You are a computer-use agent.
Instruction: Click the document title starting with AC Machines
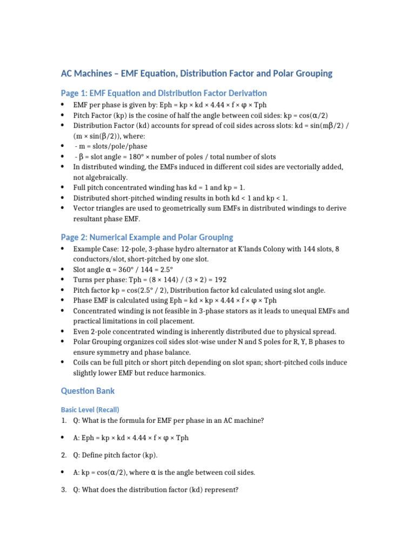(x=196, y=73)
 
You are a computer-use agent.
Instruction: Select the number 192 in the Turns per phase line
(x=220, y=280)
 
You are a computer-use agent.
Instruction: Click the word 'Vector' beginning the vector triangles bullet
(x=84, y=208)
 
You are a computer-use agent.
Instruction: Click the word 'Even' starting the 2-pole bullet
(x=81, y=332)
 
